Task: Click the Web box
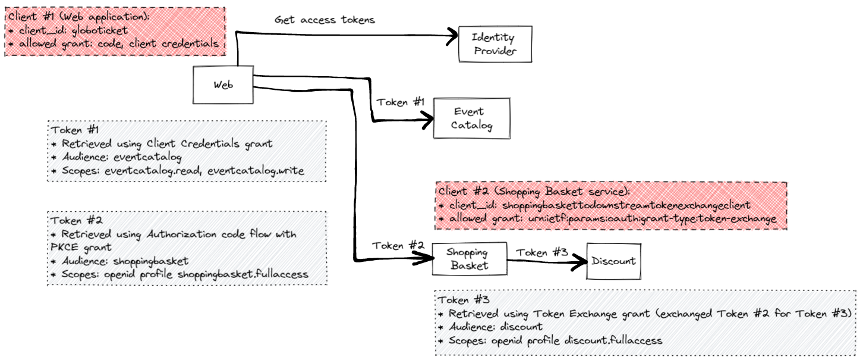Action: click(223, 85)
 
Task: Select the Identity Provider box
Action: click(494, 45)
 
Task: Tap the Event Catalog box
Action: click(471, 118)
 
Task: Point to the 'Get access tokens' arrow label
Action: click(325, 20)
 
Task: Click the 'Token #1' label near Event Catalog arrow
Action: click(401, 102)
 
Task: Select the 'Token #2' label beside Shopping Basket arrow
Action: click(398, 245)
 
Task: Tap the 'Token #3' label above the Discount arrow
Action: click(541, 252)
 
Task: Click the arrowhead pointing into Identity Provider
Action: click(454, 36)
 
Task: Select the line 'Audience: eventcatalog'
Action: click(121, 157)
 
